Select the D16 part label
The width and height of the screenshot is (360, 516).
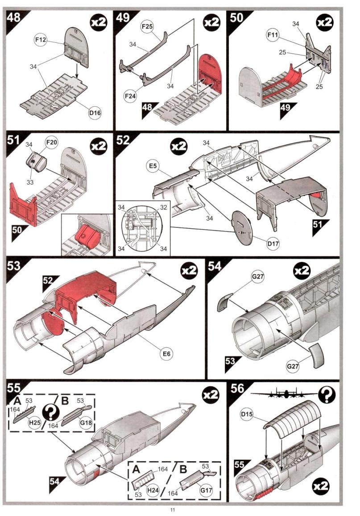tap(95, 114)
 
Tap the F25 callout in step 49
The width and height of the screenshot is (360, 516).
tap(148, 27)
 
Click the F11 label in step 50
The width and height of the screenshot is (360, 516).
tap(273, 34)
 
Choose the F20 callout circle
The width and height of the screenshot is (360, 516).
tap(53, 144)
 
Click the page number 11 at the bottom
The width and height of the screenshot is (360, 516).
tap(172, 509)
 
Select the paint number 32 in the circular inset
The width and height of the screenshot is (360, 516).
tap(164, 207)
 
